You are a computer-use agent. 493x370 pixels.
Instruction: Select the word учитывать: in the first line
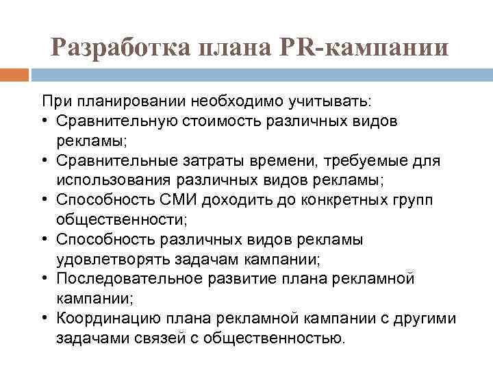coord(330,101)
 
